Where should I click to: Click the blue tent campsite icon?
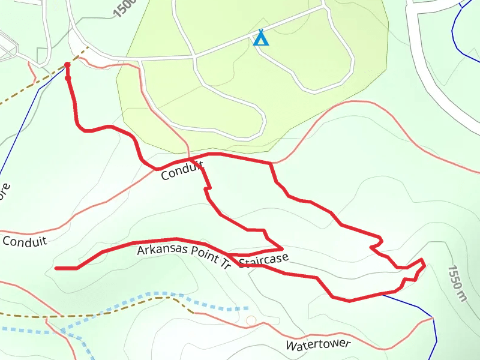point(260,38)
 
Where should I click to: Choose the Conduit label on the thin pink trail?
point(25,241)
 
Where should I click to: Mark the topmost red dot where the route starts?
point(67,64)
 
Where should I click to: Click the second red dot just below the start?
point(68,78)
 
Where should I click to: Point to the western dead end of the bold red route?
point(56,268)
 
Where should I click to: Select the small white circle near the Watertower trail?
point(251,320)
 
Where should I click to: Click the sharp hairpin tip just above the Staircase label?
point(282,248)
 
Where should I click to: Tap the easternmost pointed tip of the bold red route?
point(424,263)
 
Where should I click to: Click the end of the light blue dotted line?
point(247,308)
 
